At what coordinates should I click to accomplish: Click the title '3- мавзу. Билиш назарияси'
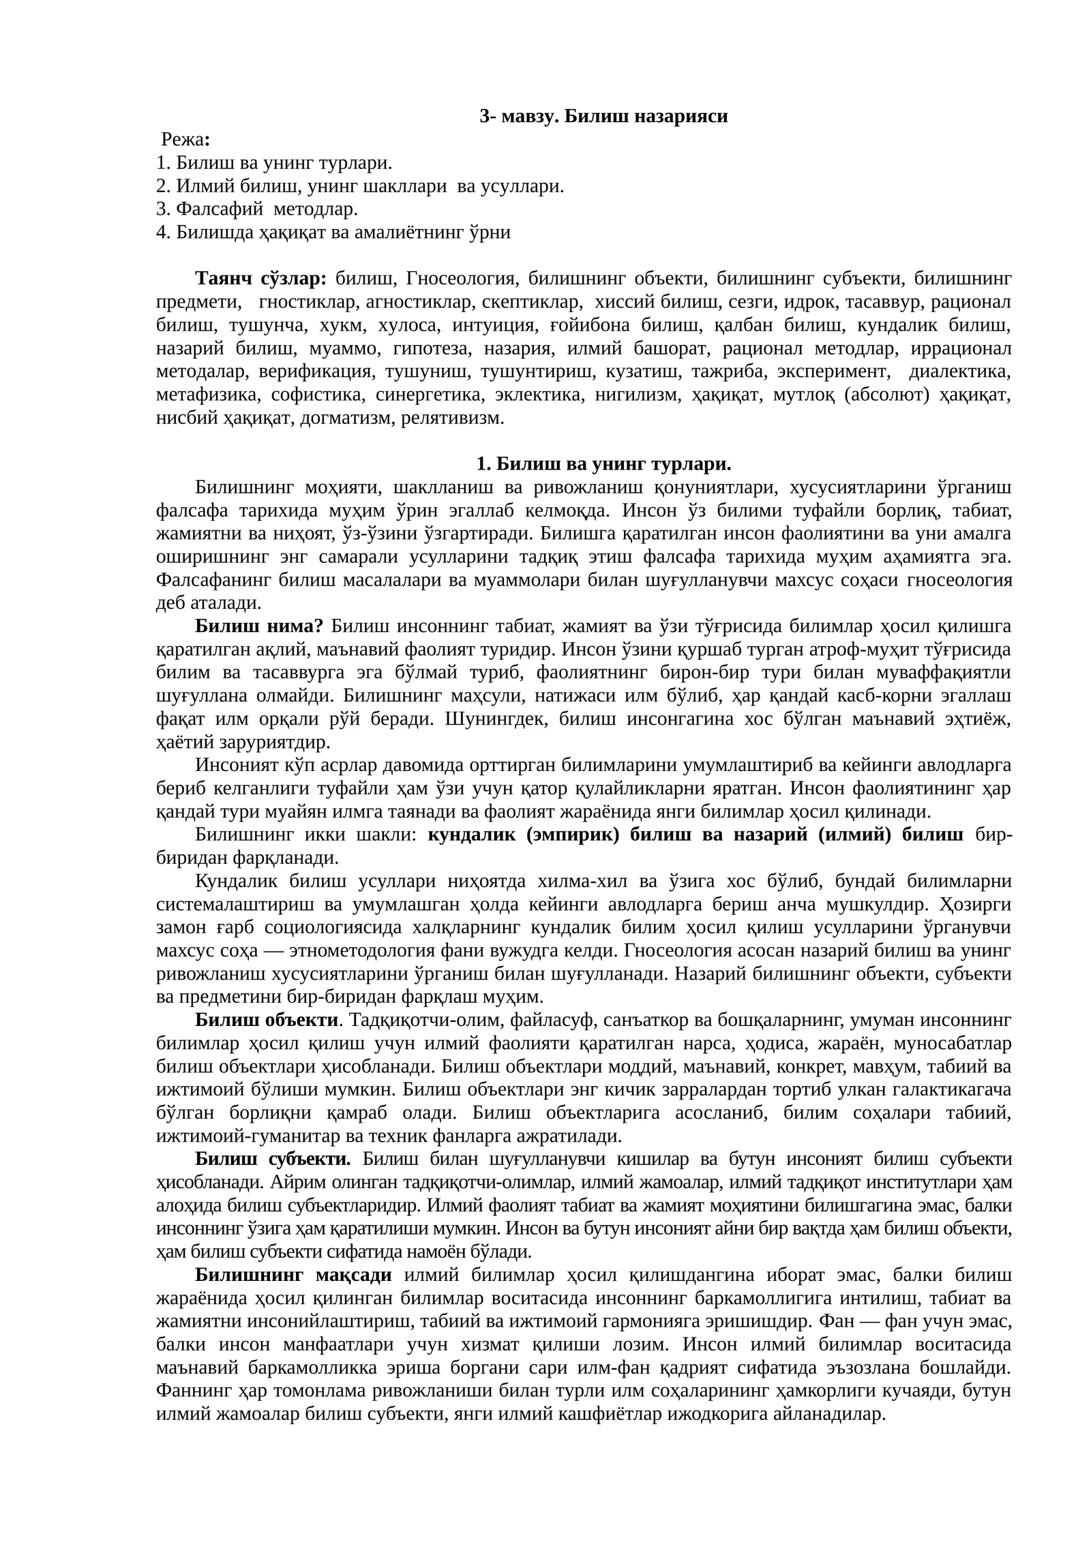603,117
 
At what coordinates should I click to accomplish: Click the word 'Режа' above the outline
182,140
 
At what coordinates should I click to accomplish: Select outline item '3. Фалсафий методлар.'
256,209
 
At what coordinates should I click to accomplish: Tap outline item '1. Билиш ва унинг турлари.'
273,163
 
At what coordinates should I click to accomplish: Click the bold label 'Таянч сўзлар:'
261,279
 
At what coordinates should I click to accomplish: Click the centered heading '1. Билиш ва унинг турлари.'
603,465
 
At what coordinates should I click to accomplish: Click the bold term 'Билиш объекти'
267,1021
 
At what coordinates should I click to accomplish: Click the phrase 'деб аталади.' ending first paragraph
208,603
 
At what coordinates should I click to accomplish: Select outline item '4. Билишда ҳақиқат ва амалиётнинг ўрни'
333,232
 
